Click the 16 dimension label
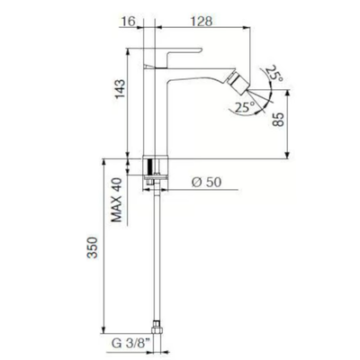pos(128,21)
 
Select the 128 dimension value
pos(202,21)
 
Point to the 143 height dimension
pos(120,88)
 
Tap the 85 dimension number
pos(278,120)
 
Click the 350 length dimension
pos(93,247)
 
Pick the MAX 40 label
pos(117,200)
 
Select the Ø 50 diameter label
pos(206,182)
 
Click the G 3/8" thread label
pos(130,344)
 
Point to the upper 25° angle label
pos(274,74)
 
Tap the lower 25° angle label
pos(245,107)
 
